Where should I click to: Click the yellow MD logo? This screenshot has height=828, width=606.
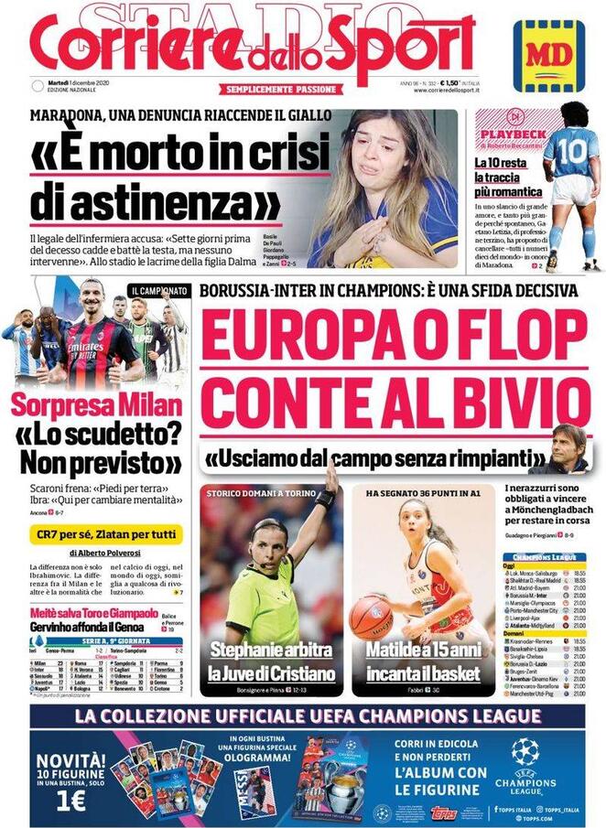547,56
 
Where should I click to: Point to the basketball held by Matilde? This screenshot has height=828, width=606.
371,616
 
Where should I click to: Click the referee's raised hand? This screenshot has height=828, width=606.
329,479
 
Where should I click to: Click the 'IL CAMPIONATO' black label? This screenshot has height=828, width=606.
159,290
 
